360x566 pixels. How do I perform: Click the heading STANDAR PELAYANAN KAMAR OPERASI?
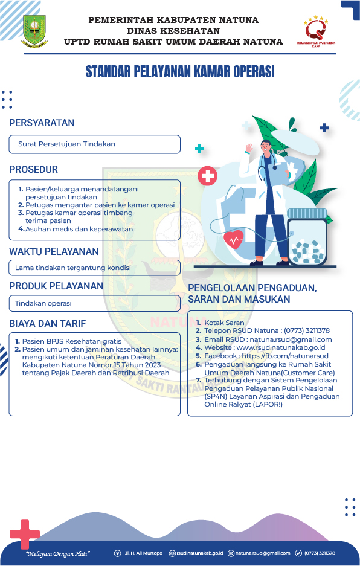tap(180, 72)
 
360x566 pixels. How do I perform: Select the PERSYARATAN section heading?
tap(42, 123)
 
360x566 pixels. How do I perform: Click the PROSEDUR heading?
tap(33, 170)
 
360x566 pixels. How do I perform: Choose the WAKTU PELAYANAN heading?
tap(54, 251)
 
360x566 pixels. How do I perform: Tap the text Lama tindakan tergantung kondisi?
tap(72, 268)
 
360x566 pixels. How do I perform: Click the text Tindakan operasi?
tap(43, 303)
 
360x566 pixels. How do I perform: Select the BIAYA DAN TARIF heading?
tap(48, 323)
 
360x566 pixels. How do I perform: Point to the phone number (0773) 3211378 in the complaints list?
tap(307, 331)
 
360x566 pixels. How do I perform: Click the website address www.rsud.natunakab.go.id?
tap(281, 348)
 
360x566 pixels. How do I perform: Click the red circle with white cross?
tap(208, 176)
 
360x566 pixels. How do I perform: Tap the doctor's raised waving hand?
tap(248, 148)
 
